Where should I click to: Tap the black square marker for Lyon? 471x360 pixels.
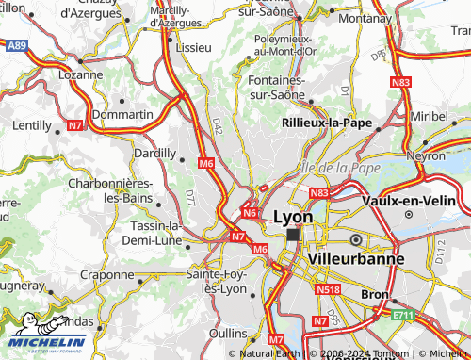[x=293, y=235]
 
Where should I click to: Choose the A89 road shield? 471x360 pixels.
[x=16, y=44]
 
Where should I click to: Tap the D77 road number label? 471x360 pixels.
[x=190, y=198]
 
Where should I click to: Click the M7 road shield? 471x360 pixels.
[x=276, y=338]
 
